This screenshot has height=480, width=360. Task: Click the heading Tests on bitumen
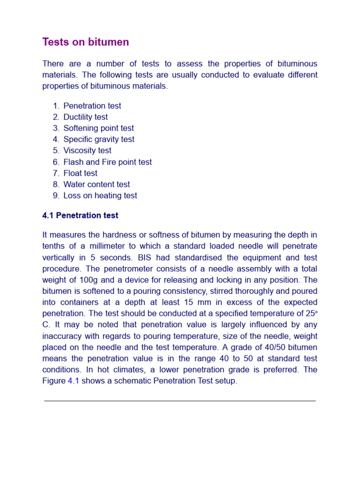click(x=85, y=42)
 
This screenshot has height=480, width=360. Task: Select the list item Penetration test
click(x=92, y=106)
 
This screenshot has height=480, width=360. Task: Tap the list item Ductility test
click(x=85, y=117)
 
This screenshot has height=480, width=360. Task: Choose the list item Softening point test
click(x=98, y=128)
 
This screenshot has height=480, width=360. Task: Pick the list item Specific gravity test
click(x=98, y=139)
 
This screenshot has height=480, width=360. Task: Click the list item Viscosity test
click(x=87, y=150)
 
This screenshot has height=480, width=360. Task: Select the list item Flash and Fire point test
click(x=107, y=162)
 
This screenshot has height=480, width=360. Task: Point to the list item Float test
click(x=80, y=173)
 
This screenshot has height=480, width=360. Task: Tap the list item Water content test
click(x=97, y=184)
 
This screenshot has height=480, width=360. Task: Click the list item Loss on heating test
click(x=100, y=195)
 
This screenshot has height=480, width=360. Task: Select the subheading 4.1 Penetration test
click(x=80, y=216)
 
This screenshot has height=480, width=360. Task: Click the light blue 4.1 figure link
click(x=74, y=381)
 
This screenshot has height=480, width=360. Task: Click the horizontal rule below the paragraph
click(x=180, y=401)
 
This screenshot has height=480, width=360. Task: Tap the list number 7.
click(x=56, y=173)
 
